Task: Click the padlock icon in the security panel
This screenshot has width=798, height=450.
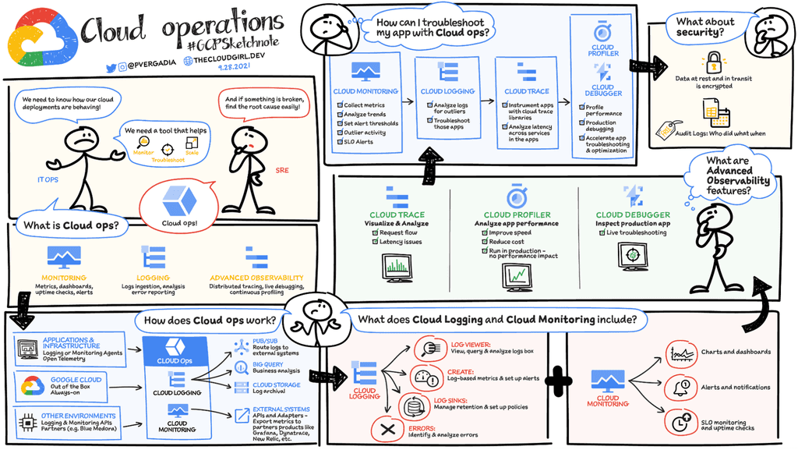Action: click(712, 62)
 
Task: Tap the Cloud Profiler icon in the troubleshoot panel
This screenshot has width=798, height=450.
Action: click(602, 33)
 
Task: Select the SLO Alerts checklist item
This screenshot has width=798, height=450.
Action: click(358, 142)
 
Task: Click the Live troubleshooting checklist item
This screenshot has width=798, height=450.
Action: click(635, 233)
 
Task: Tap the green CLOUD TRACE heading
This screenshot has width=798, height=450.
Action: click(397, 214)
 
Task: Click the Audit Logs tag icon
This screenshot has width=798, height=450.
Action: click(669, 130)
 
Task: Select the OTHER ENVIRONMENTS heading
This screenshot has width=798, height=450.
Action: click(79, 416)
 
